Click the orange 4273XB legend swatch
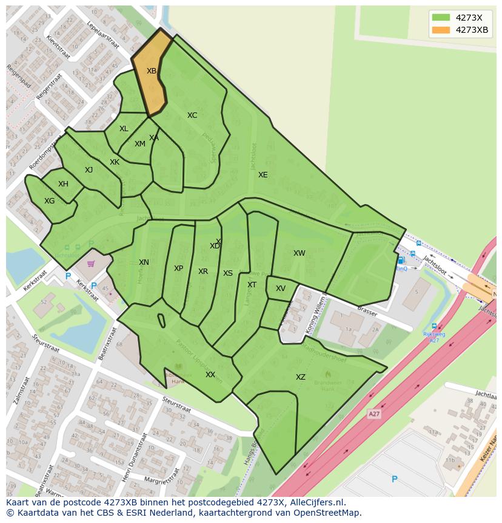[x=441, y=30]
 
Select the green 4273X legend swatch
[x=441, y=18]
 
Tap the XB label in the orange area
[x=152, y=71]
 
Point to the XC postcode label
[x=192, y=115]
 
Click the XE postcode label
[x=263, y=175]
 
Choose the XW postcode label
[x=300, y=253]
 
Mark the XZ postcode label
[x=301, y=377]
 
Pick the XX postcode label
[x=210, y=375]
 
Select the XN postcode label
[x=144, y=262]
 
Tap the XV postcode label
[x=281, y=289]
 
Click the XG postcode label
[x=49, y=201]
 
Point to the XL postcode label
[x=124, y=129]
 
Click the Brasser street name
[x=367, y=312]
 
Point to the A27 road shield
[x=375, y=413]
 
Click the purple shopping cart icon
[x=91, y=264]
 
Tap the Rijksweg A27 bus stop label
[x=434, y=337]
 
